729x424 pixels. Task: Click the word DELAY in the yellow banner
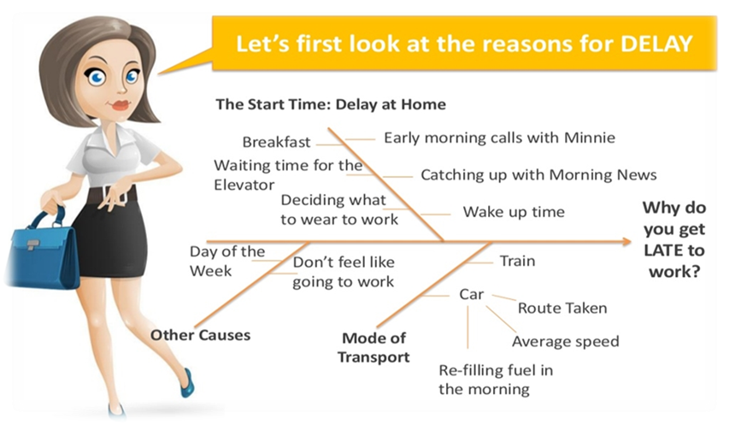(656, 44)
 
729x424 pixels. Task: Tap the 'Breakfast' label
(276, 142)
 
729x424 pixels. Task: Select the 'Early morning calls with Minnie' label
(499, 138)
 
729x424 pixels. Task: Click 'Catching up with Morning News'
(538, 174)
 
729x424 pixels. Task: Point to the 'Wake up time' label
(514, 212)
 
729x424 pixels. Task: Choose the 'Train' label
(517, 261)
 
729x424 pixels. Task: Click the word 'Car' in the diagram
(472, 294)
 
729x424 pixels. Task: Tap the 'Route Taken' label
(562, 308)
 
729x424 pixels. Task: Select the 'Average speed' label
(566, 342)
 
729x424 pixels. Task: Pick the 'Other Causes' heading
(200, 335)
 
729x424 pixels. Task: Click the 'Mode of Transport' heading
(373, 347)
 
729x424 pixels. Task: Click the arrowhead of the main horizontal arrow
(626, 241)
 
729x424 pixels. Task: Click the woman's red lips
(121, 105)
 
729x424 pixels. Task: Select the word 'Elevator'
(244, 185)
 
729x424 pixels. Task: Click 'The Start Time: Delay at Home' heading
(331, 104)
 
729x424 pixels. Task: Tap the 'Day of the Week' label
(226, 262)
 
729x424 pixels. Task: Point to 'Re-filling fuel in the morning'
(496, 380)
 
